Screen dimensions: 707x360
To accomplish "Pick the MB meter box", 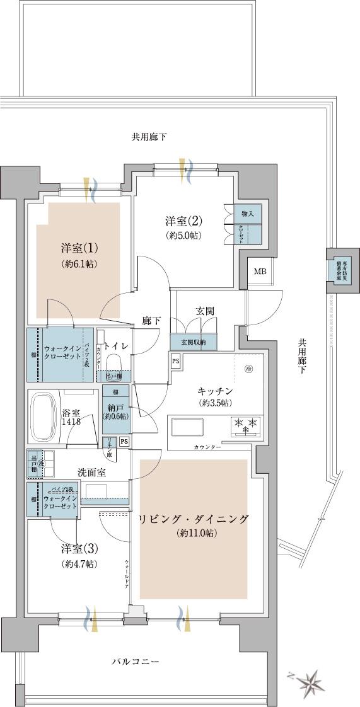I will (x=259, y=272).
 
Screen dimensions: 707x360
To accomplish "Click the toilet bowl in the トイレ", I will (x=115, y=364).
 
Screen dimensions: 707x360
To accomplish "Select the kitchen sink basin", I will (x=187, y=427).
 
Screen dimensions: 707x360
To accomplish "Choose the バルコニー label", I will (x=135, y=662).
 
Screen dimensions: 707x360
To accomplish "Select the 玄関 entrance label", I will (x=205, y=311).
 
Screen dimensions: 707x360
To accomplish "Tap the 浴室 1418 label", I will (x=70, y=418).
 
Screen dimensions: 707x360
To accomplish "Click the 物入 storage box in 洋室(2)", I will (x=248, y=214).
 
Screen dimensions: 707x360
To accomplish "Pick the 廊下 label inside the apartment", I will (x=151, y=321).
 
